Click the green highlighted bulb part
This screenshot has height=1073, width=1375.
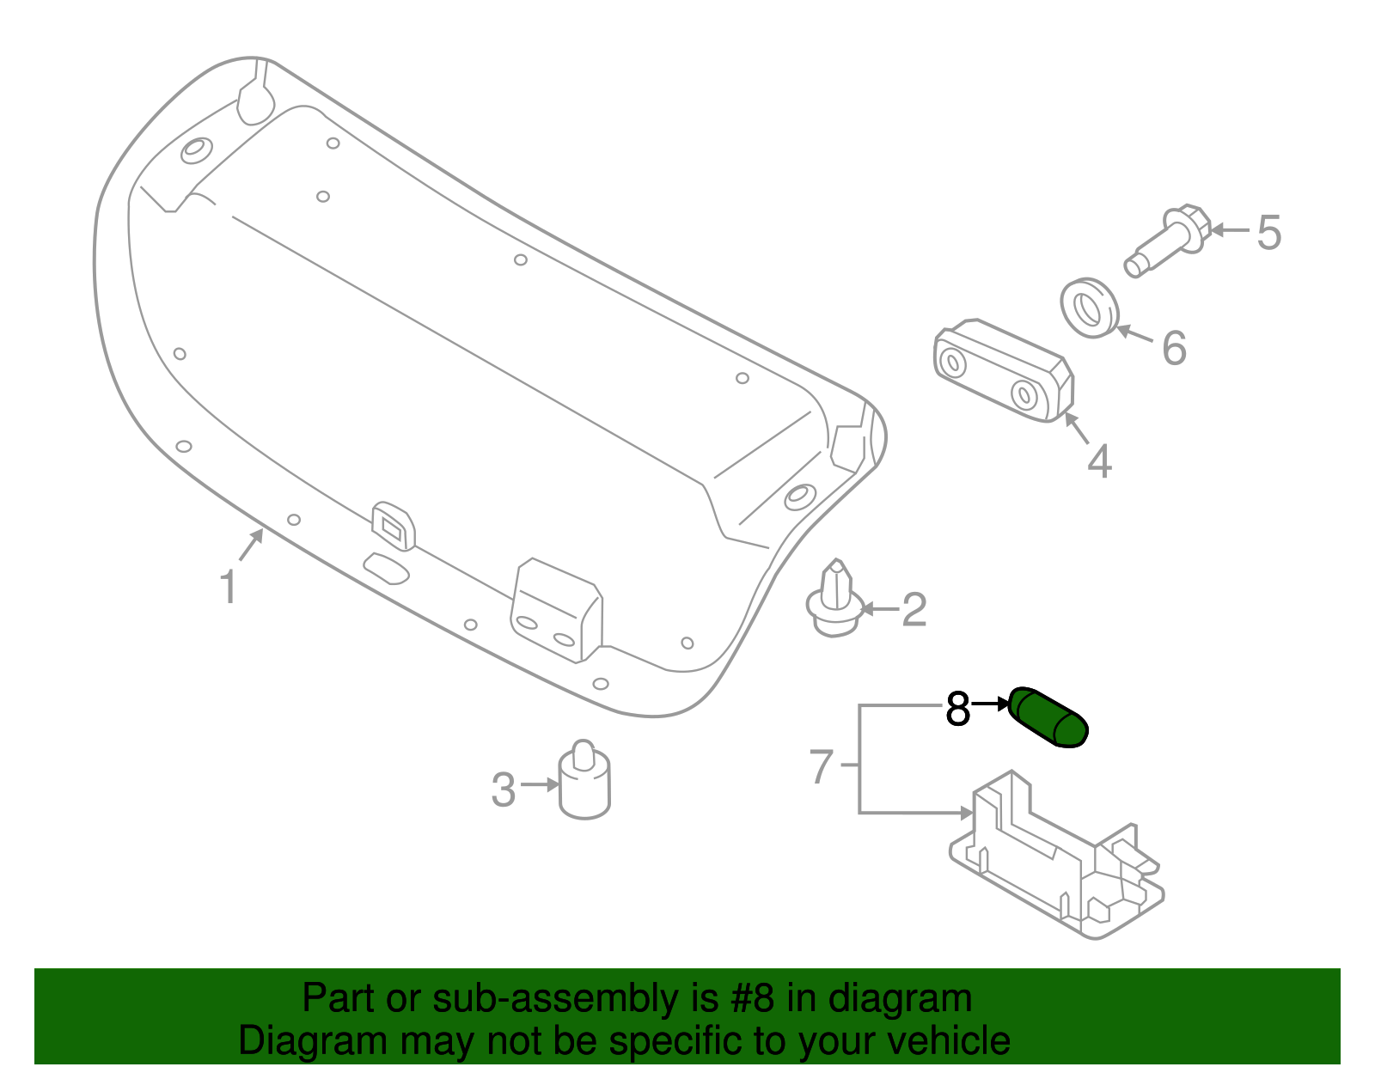coord(1048,716)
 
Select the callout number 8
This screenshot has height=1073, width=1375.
coord(957,710)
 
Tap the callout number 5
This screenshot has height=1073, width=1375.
coord(1268,233)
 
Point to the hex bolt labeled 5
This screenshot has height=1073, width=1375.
coord(1168,240)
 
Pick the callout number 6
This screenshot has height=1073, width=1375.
coord(1174,348)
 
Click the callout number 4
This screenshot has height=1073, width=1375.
coord(1099,461)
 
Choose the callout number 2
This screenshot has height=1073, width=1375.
coord(914,610)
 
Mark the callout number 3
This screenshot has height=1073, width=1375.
coord(504,790)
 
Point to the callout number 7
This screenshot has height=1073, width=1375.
coord(822,766)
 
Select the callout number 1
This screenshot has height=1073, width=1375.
coord(228,588)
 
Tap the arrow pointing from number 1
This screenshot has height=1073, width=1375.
coord(251,545)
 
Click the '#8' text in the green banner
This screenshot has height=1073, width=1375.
coord(752,999)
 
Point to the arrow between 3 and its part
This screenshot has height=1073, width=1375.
coord(540,784)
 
